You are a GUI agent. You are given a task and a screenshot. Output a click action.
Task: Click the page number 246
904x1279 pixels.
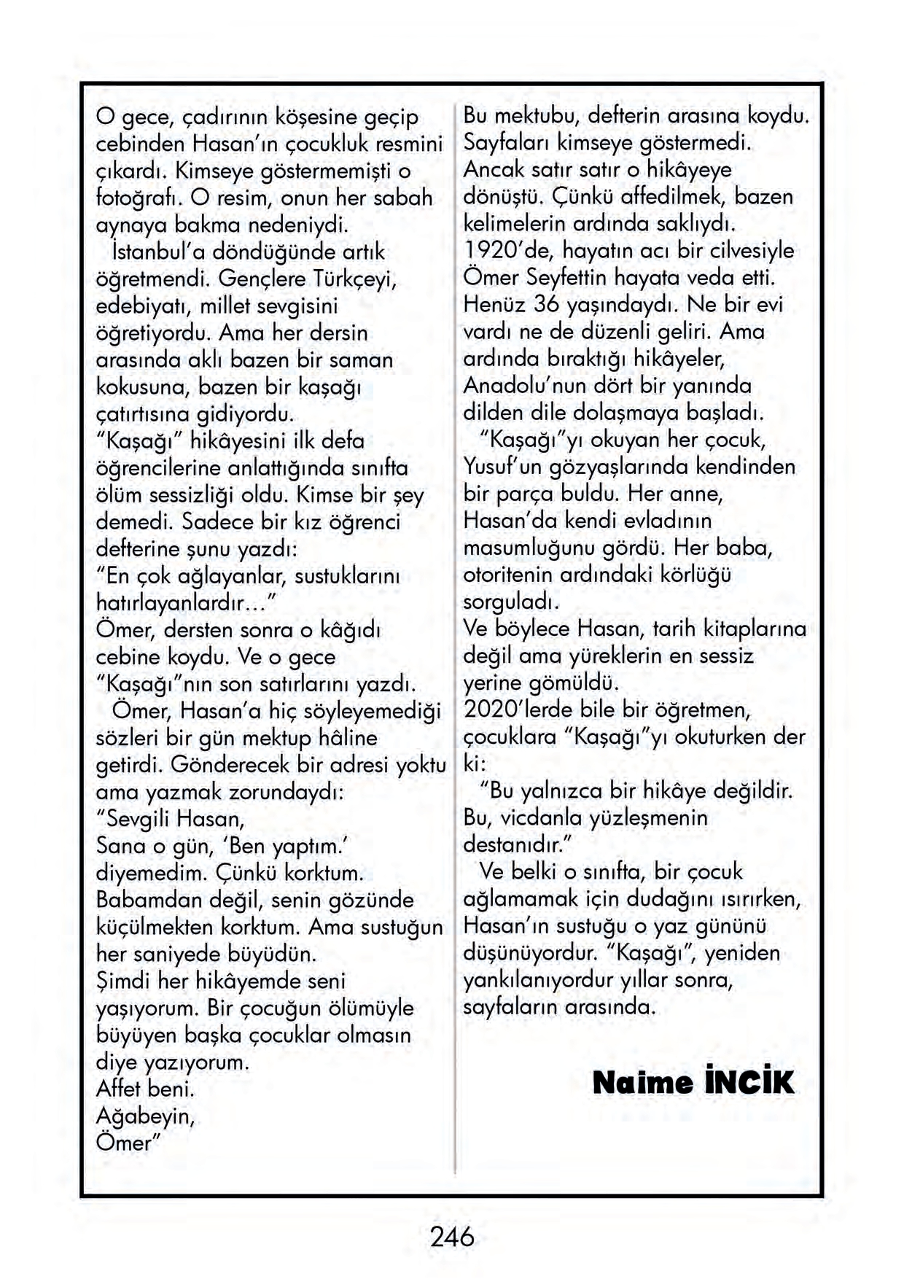click(x=452, y=1237)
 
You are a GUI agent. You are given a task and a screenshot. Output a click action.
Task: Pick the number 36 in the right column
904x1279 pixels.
click(x=547, y=304)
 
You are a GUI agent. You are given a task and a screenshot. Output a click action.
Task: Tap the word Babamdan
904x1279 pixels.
click(x=146, y=901)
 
